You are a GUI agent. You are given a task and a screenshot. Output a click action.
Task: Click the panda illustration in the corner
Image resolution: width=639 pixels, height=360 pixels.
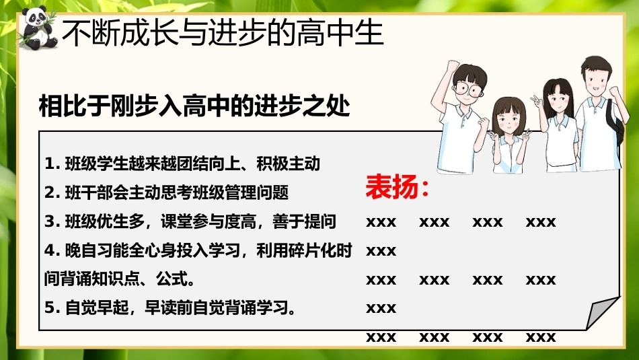pos(37,28)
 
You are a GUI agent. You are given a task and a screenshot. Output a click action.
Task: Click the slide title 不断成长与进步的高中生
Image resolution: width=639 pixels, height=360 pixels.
pos(223,33)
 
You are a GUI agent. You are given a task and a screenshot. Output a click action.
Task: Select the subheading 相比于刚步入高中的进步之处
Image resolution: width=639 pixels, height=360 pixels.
pos(194,106)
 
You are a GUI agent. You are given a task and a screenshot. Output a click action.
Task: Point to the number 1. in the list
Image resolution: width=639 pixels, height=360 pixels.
pos(52,164)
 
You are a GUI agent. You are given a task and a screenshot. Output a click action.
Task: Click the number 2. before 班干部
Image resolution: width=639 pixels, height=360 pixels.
pos(52,192)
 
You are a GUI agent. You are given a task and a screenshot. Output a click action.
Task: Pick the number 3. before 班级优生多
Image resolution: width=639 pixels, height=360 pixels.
pos(52,221)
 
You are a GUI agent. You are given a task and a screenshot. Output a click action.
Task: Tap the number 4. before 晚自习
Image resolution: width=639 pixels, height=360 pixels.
pos(52,250)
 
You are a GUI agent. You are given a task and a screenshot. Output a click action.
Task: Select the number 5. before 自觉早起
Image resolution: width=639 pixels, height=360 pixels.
pos(52,308)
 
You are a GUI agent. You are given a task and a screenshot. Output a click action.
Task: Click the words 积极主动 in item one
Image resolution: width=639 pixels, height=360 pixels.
pos(288,164)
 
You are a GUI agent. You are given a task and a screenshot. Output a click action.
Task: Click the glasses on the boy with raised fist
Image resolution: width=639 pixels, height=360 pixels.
pos(467,88)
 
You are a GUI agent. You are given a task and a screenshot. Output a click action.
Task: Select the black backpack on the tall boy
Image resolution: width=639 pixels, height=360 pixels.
pos(615,122)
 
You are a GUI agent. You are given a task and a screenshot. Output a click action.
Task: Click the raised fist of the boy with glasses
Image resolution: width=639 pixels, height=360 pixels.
pos(452,66)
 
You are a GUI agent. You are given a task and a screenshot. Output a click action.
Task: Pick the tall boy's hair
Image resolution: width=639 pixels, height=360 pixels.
pos(597,66)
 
